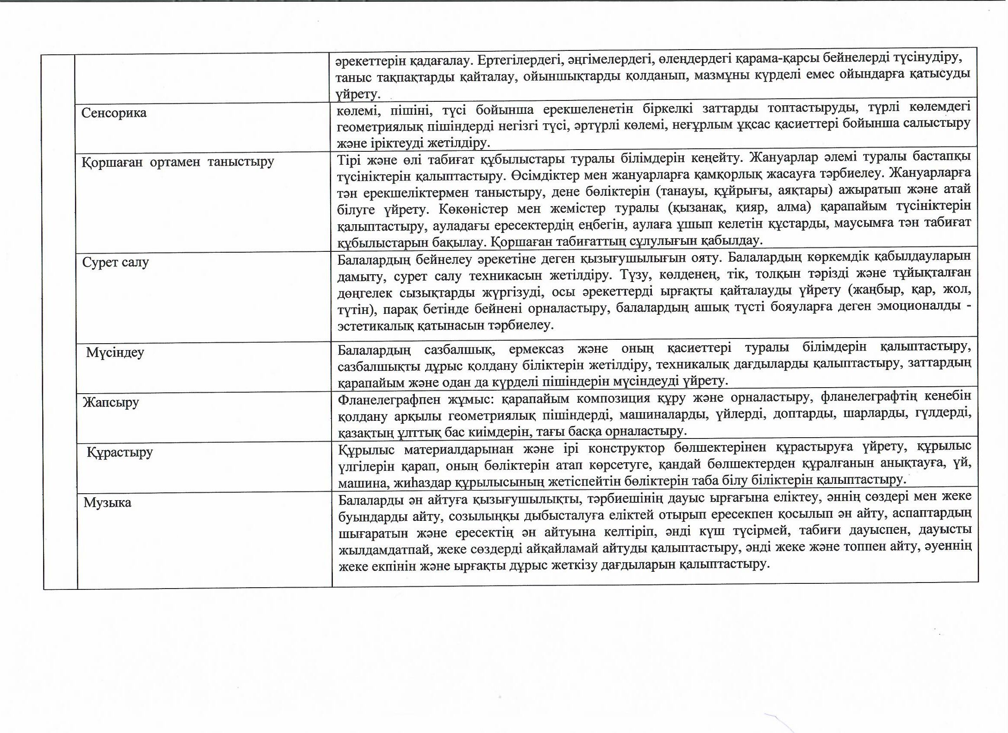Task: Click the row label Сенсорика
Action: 114,113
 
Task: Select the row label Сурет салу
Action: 116,262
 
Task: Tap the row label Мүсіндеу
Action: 115,353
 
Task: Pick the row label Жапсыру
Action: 111,403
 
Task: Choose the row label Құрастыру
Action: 119,452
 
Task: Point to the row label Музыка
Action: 107,503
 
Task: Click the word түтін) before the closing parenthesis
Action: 354,309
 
